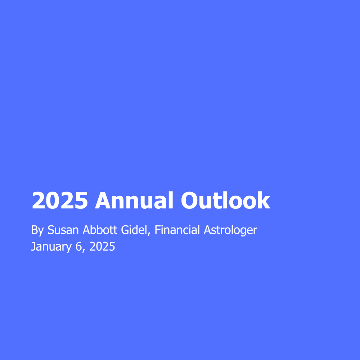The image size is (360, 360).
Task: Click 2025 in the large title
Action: (60, 201)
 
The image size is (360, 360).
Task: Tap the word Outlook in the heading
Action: (225, 201)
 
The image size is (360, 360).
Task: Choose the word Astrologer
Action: (230, 230)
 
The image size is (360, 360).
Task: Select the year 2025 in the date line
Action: (102, 247)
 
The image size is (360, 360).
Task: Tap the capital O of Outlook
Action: (189, 201)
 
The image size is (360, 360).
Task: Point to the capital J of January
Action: (33, 247)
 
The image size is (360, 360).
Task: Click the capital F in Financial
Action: (157, 230)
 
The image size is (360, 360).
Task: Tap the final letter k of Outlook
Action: (264, 201)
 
